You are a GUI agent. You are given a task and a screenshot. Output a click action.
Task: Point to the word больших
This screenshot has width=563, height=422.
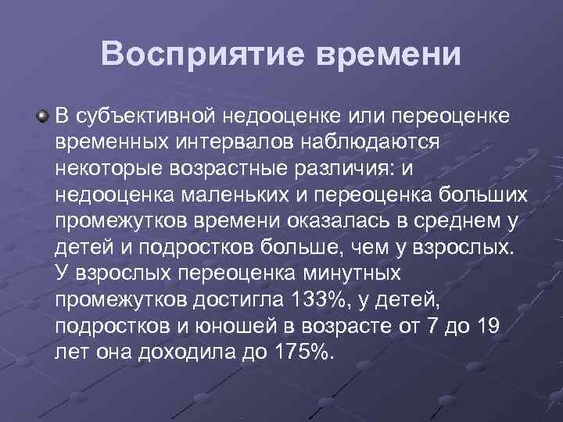pyautogui.click(x=472, y=195)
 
